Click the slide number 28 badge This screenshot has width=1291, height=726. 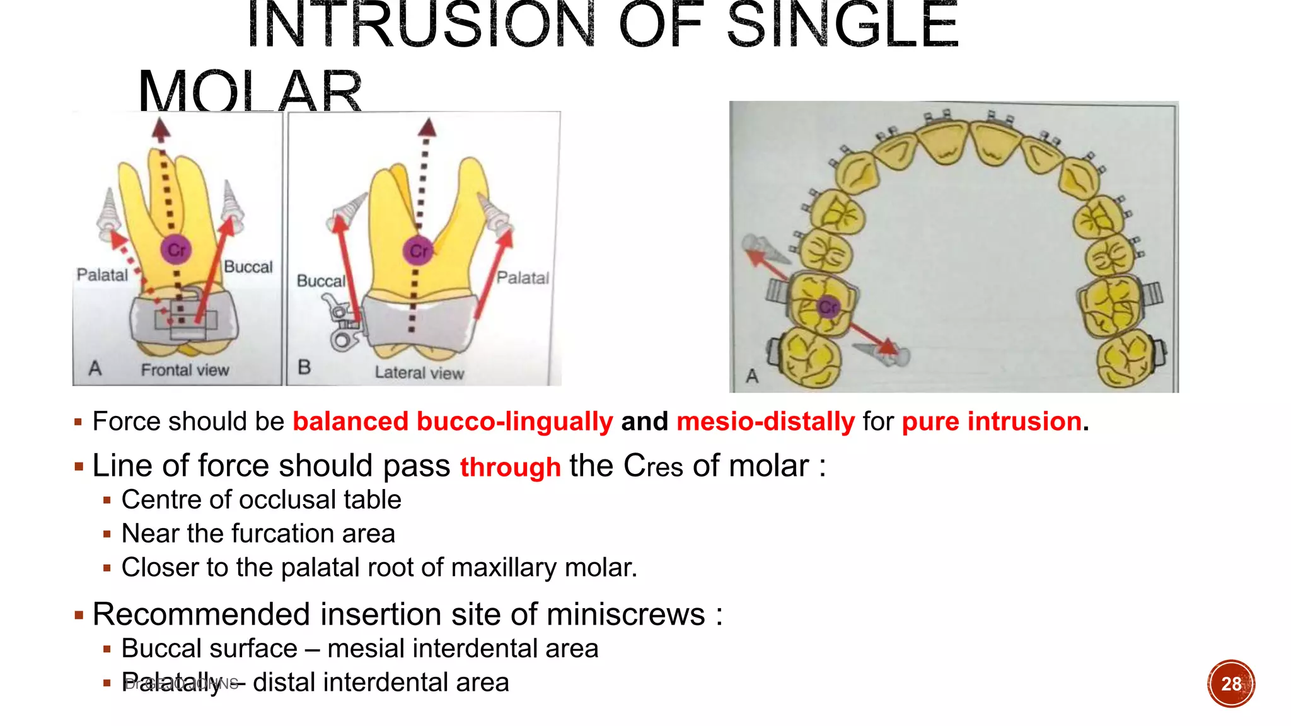[x=1230, y=684]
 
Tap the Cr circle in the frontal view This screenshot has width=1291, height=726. [x=176, y=250]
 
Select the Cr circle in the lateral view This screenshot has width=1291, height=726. [x=418, y=251]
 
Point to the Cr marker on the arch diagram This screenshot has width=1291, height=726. [x=828, y=307]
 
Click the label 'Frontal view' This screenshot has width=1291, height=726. [x=185, y=370]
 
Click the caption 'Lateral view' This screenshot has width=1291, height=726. [x=419, y=372]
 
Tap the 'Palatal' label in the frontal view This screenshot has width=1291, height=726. [x=102, y=275]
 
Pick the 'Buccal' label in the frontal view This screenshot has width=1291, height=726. [x=248, y=267]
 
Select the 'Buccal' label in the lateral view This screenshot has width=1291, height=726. [x=321, y=281]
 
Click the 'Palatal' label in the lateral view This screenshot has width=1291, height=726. [x=523, y=278]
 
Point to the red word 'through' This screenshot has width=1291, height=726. [x=510, y=468]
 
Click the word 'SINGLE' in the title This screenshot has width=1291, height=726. [x=842, y=26]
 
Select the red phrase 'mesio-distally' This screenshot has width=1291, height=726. [x=765, y=422]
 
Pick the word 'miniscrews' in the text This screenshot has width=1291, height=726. [x=626, y=614]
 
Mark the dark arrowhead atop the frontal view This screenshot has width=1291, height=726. [x=161, y=129]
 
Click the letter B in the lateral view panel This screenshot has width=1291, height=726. [x=304, y=367]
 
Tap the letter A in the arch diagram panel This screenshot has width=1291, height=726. [x=752, y=376]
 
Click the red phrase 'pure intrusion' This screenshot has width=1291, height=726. [x=992, y=422]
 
